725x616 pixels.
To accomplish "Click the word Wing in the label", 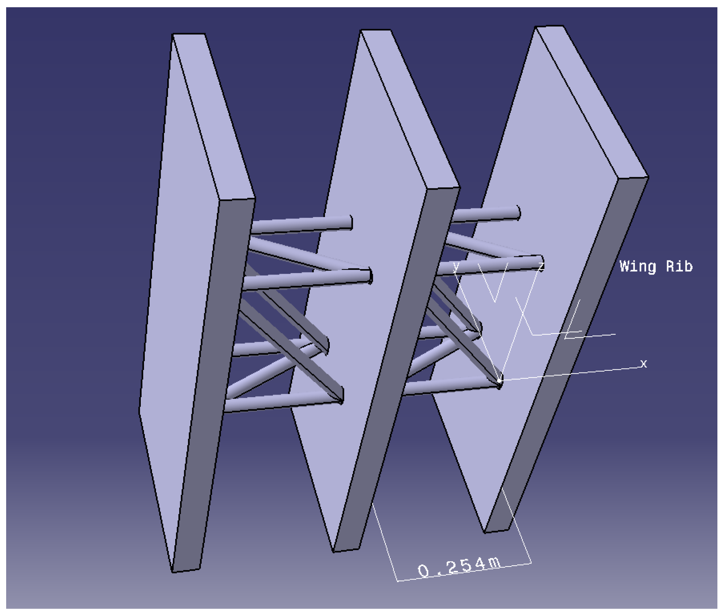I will coord(637,267).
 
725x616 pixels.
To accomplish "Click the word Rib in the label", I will coord(679,267).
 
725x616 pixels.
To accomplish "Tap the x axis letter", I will coord(643,363).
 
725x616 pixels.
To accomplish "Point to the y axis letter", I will coord(456,267).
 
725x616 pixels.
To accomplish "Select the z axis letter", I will coord(541,267).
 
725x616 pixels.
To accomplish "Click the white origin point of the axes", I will coord(500,381).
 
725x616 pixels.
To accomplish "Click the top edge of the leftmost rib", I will coord(189,34).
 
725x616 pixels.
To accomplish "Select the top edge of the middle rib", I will coord(375,30).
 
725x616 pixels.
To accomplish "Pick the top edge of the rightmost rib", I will coord(549,26).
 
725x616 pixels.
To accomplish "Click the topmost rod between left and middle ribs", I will coord(300,225).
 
